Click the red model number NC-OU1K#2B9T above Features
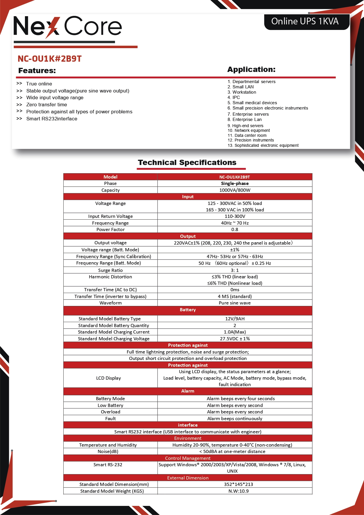click(50, 59)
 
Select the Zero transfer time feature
click(47, 105)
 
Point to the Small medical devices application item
click(255, 103)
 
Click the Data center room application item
click(250, 135)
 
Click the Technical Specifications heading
click(187, 162)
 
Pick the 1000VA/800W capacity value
click(235, 190)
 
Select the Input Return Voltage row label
click(110, 216)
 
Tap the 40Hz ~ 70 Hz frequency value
click(235, 223)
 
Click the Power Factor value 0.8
click(235, 229)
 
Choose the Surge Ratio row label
click(110, 270)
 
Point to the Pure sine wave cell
click(235, 303)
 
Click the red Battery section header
click(188, 310)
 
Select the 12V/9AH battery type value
click(235, 319)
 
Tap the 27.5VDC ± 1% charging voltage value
click(235, 339)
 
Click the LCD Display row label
click(109, 378)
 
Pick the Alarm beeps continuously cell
click(235, 418)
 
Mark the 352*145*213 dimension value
click(238, 484)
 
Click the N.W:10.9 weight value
click(238, 491)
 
